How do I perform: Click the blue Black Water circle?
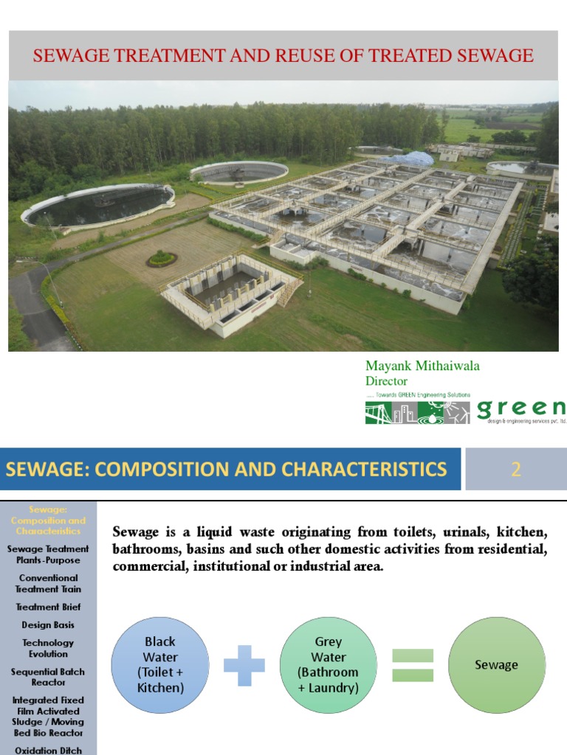160,664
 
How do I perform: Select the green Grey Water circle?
329,664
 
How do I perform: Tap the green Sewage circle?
496,664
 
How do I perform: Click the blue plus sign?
244,665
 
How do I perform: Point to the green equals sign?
412,665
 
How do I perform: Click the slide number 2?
516,470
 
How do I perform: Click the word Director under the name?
386,381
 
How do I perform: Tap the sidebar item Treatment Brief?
48,607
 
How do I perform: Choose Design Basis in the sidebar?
48,624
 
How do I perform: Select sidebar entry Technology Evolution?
48,648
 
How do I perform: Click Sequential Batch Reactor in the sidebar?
48,677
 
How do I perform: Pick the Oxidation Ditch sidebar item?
48,750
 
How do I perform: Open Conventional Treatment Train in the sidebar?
48,583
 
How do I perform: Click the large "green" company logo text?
521,408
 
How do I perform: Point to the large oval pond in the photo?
98,204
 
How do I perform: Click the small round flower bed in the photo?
162,258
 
